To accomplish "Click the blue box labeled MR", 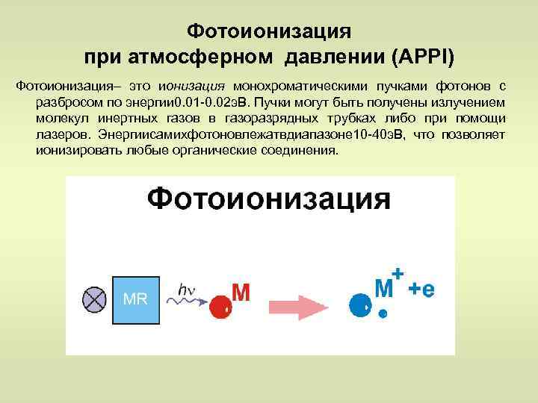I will (x=135, y=299).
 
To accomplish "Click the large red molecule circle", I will (x=220, y=305).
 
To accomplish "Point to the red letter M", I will (x=241, y=293).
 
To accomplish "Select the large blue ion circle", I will (x=360, y=304).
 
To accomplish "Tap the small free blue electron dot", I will (x=383, y=314).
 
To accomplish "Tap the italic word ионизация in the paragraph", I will (x=197, y=87).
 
